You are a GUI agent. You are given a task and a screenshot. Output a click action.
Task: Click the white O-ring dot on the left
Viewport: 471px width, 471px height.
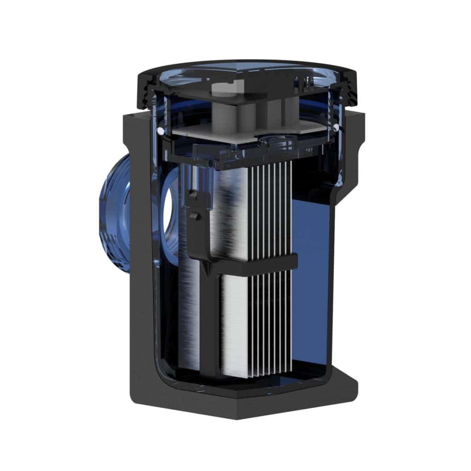coord(160,132)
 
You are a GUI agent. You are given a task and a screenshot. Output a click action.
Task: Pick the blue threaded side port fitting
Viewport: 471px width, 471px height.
coord(113,214)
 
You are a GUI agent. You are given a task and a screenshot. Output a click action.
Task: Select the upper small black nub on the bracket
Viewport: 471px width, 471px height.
coord(194,195)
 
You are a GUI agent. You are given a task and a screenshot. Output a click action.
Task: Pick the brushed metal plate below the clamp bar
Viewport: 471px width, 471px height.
coord(235,322)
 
